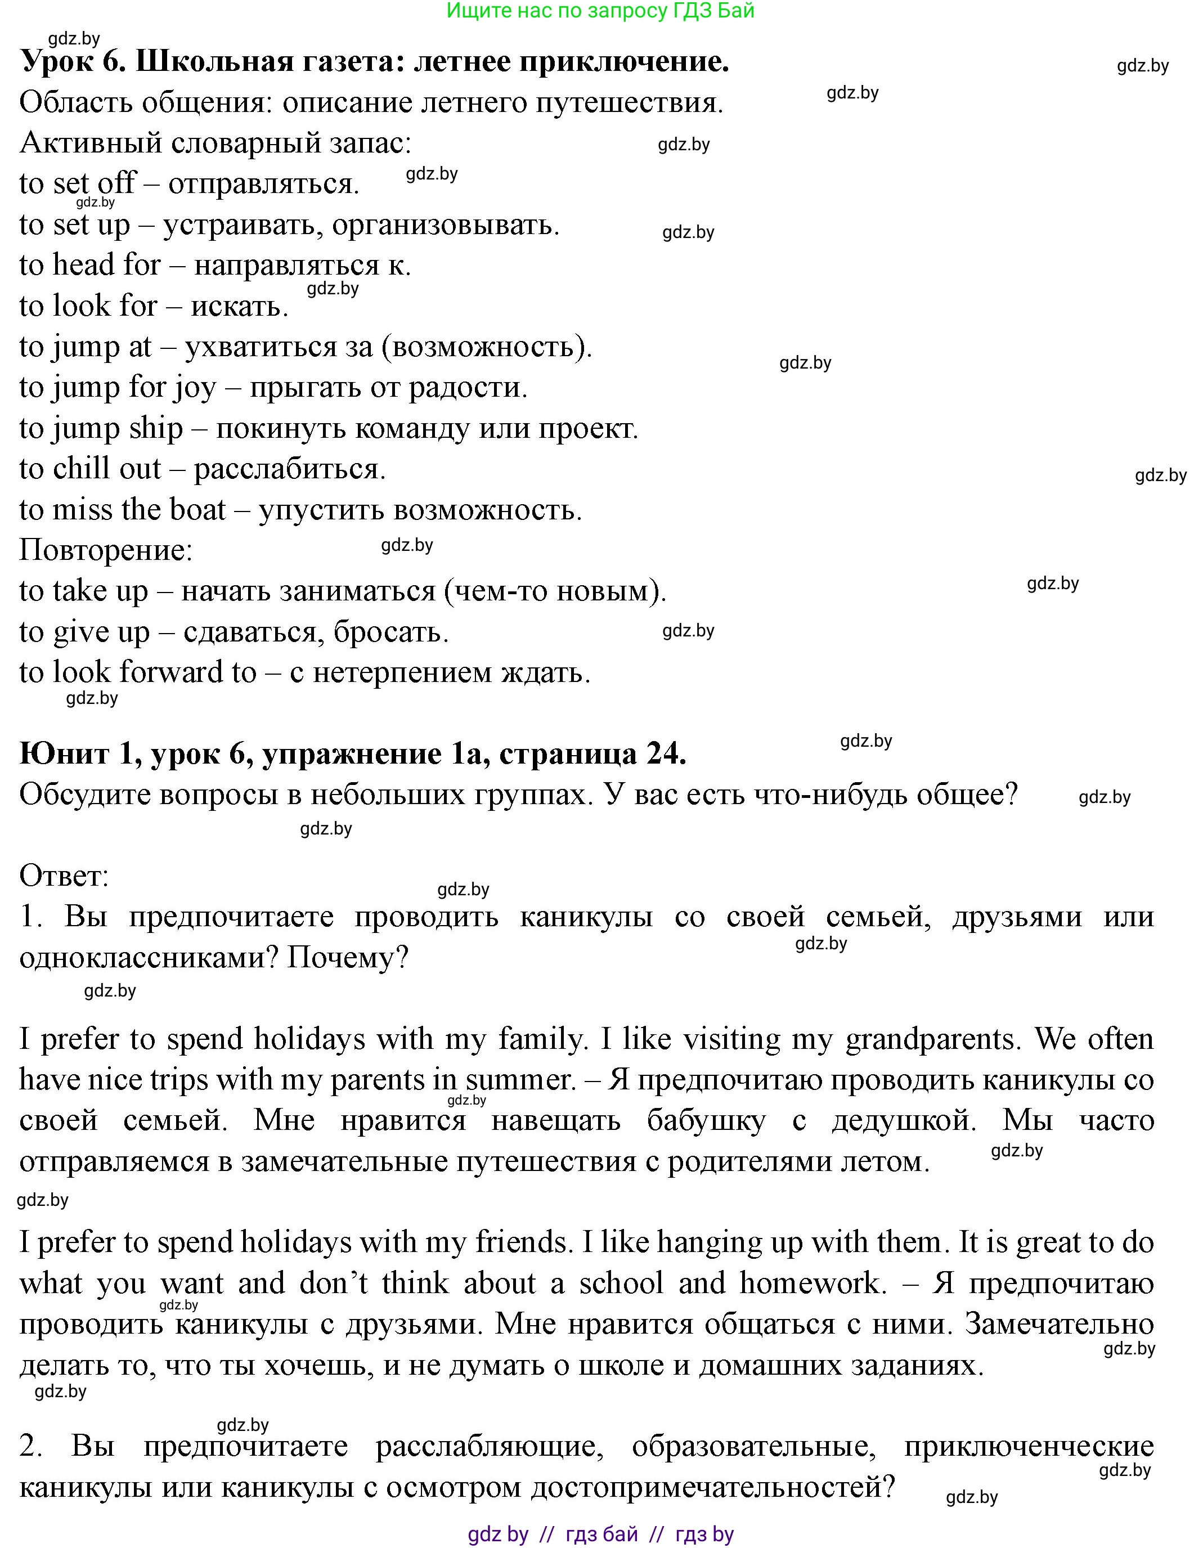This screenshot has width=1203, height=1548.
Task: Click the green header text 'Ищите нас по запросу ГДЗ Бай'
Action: point(600,11)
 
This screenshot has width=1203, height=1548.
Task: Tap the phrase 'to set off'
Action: point(77,183)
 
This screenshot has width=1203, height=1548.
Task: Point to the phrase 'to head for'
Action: point(90,265)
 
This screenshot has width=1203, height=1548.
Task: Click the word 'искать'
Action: point(240,306)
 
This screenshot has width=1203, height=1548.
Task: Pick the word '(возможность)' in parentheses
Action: point(491,347)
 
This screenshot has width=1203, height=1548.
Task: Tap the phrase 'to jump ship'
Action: point(101,428)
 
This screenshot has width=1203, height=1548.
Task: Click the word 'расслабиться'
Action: point(289,469)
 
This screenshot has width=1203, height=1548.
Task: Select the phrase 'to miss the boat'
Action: point(122,510)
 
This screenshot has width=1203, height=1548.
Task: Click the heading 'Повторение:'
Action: point(106,550)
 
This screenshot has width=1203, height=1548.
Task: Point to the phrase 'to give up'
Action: point(84,631)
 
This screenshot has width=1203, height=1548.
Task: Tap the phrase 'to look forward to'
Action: point(137,672)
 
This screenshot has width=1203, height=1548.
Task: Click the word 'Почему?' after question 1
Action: point(348,958)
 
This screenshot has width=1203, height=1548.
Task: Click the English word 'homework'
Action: point(812,1284)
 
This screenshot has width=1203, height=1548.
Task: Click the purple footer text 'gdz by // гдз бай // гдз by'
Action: point(600,1534)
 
